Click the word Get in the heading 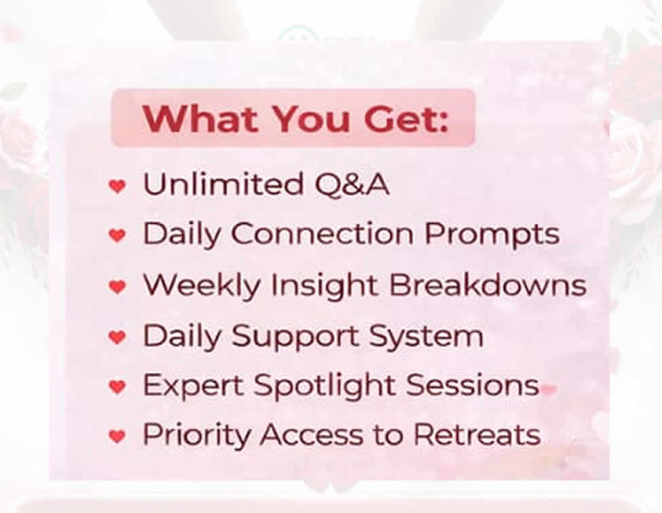pos(405,119)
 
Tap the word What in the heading pos(200,119)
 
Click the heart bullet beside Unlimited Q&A pos(117,186)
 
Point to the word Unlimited pos(223,184)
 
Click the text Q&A pos(352,185)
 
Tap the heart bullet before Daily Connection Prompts pos(117,235)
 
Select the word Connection pos(322,233)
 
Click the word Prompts pos(492,235)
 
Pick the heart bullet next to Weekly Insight pos(117,287)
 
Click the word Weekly pos(202,286)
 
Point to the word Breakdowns pos(488,285)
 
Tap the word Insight pos(325,286)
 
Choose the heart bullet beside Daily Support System pos(117,337)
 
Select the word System pos(426,337)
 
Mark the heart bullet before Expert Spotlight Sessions pos(117,386)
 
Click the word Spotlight pos(325,386)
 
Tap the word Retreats pos(477,434)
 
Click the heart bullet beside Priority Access pos(117,436)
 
